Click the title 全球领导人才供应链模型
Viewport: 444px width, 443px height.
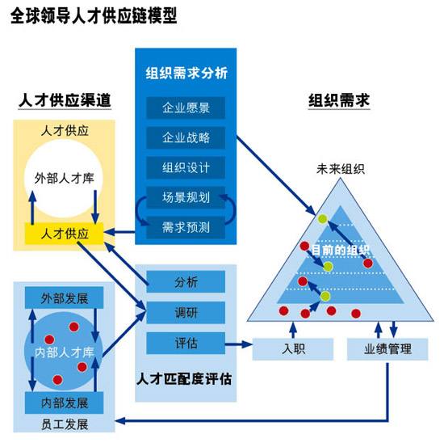(94, 15)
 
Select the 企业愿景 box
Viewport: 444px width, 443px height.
(186, 108)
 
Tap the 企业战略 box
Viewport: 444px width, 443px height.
(186, 138)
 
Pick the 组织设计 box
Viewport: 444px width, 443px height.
(186, 167)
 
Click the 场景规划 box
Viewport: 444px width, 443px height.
(186, 198)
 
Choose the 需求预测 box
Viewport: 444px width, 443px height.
(186, 228)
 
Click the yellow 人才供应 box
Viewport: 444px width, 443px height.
(65, 234)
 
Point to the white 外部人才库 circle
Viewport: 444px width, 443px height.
(64, 179)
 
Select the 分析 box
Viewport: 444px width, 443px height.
(186, 282)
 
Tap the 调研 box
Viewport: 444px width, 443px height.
(186, 313)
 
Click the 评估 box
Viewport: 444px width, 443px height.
(186, 344)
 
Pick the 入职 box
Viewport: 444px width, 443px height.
(293, 349)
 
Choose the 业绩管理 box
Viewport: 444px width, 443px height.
(387, 349)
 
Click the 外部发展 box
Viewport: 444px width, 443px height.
(65, 297)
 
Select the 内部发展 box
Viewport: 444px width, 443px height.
(65, 403)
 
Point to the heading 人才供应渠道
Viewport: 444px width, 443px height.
(65, 100)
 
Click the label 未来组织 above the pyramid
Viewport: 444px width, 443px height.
(341, 169)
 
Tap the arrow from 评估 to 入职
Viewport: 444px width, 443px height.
(238, 344)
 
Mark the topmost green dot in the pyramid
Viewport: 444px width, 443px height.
(323, 219)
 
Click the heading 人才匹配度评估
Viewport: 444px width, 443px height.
(184, 379)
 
